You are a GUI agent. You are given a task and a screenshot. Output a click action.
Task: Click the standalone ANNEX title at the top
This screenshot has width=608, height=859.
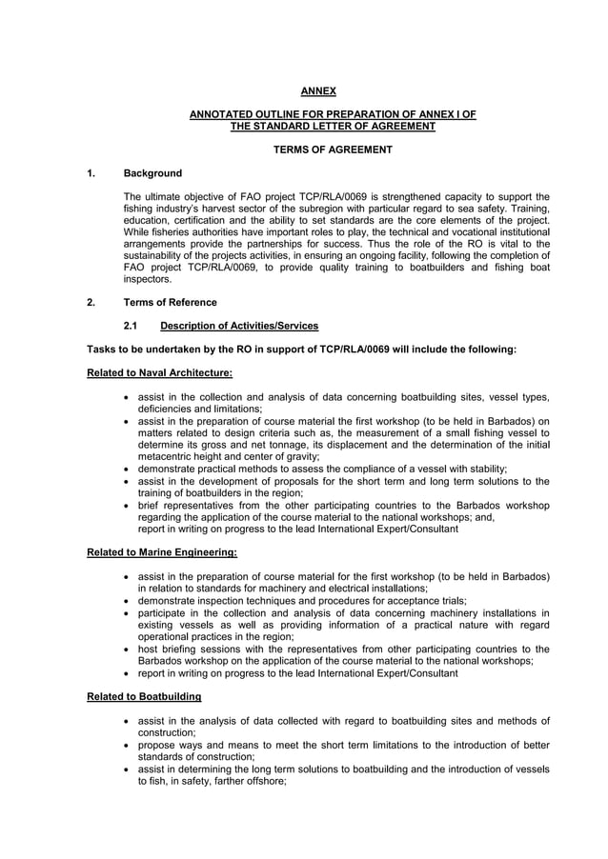pos(318,91)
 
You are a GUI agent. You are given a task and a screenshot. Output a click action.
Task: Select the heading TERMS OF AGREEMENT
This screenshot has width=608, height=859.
pos(333,150)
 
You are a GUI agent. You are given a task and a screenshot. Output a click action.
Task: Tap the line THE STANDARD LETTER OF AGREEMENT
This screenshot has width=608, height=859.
pos(333,126)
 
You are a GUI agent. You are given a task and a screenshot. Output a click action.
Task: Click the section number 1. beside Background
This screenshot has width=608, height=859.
pos(91,173)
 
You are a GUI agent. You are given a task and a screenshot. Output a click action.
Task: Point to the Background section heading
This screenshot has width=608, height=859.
pos(152,173)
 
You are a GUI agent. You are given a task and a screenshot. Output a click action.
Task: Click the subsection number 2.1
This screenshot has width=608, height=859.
pos(132,327)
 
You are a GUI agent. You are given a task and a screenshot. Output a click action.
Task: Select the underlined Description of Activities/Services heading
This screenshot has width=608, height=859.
pos(239,327)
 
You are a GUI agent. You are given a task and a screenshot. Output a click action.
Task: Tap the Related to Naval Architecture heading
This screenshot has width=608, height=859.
pos(159,372)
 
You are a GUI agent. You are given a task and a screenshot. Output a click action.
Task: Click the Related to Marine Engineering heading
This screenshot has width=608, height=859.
pos(162,551)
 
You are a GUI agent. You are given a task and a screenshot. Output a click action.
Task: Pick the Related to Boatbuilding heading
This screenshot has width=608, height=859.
pos(144,696)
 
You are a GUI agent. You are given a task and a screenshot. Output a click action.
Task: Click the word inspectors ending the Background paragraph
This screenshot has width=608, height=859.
pos(149,280)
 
